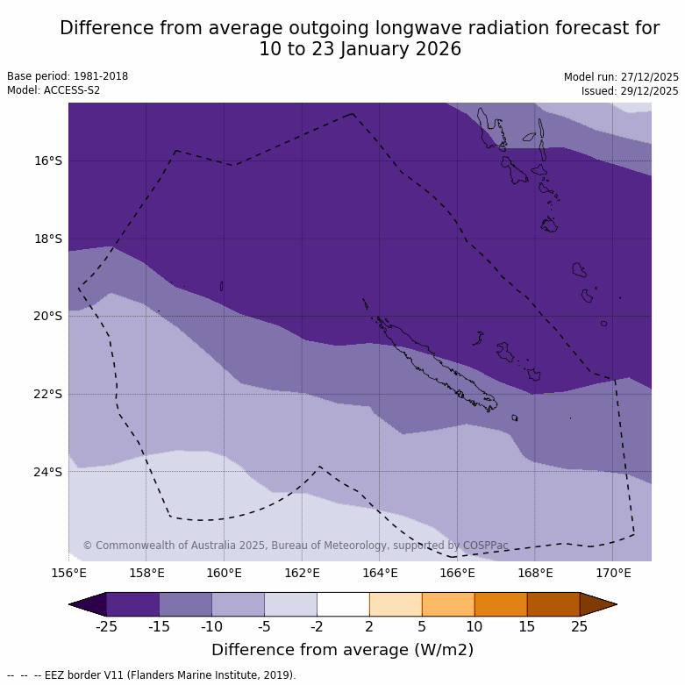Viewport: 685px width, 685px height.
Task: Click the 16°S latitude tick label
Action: pyautogui.click(x=48, y=161)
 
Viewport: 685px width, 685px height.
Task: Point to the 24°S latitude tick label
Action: pyautogui.click(x=48, y=472)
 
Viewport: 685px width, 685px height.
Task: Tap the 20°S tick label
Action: pyautogui.click(x=48, y=316)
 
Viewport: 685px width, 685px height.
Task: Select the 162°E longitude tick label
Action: pyautogui.click(x=302, y=574)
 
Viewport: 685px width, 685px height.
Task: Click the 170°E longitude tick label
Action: pyautogui.click(x=613, y=574)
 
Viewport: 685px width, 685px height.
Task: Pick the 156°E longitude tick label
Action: pyautogui.click(x=68, y=574)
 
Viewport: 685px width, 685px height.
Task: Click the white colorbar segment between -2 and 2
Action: pyautogui.click(x=343, y=604)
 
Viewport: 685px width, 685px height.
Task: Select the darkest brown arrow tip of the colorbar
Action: pyautogui.click(x=601, y=604)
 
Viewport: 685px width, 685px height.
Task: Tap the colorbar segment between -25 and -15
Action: pyautogui.click(x=132, y=604)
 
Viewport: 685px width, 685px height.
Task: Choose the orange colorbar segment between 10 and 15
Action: pyautogui.click(x=501, y=604)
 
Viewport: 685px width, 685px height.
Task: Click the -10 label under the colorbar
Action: pyautogui.click(x=211, y=626)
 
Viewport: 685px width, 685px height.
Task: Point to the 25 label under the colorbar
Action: pyautogui.click(x=580, y=626)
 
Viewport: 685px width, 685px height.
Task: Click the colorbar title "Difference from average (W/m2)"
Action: pyautogui.click(x=342, y=650)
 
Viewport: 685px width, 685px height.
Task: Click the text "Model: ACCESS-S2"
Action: pyautogui.click(x=54, y=90)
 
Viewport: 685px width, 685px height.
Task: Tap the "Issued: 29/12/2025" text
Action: pyautogui.click(x=630, y=91)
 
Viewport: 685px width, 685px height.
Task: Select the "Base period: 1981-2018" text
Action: pyautogui.click(x=68, y=76)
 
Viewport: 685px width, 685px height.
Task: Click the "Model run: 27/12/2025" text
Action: pyautogui.click(x=621, y=77)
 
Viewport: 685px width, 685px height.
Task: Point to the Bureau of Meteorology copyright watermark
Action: pyautogui.click(x=296, y=546)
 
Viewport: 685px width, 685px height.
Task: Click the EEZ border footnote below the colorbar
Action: pyautogui.click(x=152, y=675)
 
